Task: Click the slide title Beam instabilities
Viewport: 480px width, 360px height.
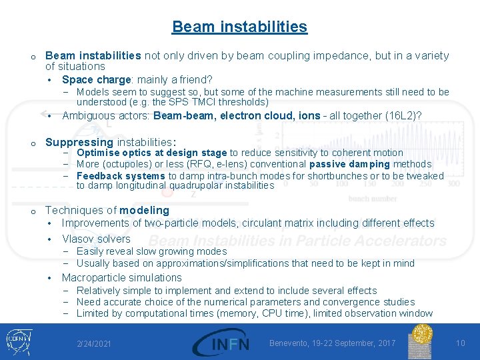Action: (239, 27)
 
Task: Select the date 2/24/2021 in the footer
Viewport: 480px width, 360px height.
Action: (94, 344)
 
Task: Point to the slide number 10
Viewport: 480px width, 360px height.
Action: (460, 343)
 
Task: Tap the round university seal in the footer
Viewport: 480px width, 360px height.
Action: (422, 341)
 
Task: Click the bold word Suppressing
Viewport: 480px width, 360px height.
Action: (79, 142)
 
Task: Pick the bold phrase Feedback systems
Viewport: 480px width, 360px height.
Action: (121, 176)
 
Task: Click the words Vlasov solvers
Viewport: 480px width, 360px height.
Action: (96, 239)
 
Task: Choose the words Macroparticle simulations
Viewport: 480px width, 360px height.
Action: (121, 277)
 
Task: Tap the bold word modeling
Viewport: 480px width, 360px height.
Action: (144, 210)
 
